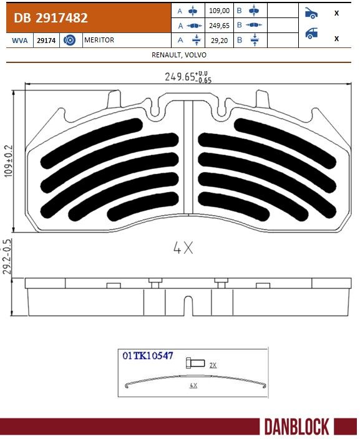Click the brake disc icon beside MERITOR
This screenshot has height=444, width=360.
click(71, 40)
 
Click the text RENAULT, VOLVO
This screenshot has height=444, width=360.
click(179, 55)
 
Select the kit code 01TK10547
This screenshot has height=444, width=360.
click(148, 356)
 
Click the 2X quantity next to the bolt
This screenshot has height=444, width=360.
click(213, 365)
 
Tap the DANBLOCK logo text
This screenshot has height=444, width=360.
click(296, 427)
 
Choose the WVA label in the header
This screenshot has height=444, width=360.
click(19, 40)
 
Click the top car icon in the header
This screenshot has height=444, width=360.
click(311, 12)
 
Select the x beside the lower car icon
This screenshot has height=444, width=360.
click(337, 38)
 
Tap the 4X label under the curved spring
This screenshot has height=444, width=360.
click(193, 386)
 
